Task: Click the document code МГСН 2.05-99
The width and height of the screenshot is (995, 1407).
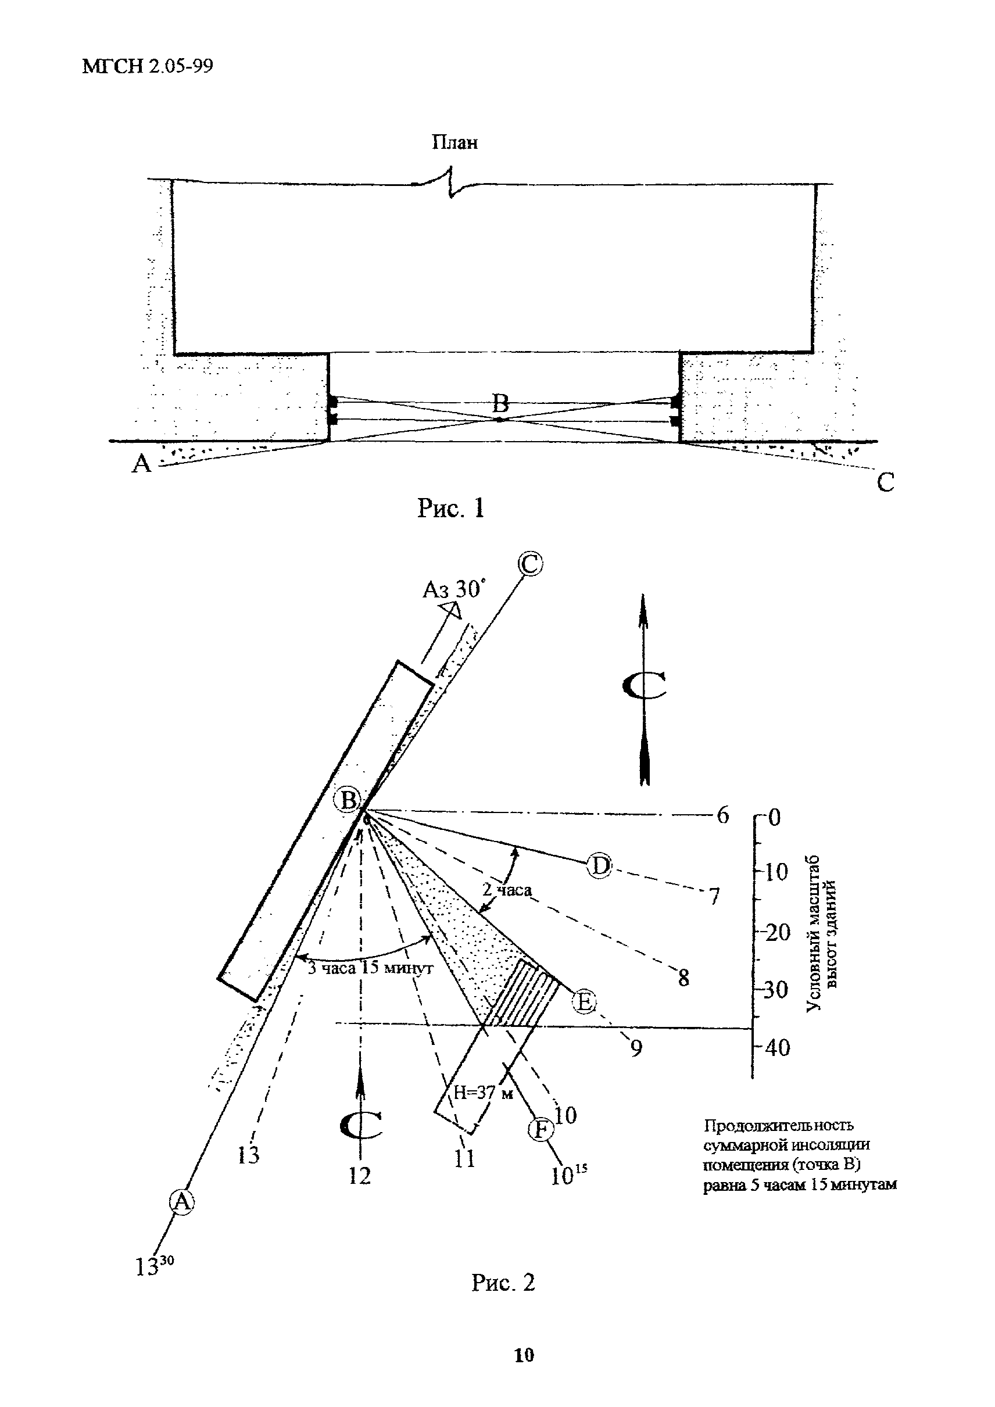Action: pyautogui.click(x=148, y=66)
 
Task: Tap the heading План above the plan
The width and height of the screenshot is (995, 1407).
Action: pyautogui.click(x=454, y=143)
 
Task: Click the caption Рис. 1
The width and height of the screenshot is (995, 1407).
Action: pyautogui.click(x=451, y=508)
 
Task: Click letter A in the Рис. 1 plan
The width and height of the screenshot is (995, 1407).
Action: pyautogui.click(x=142, y=464)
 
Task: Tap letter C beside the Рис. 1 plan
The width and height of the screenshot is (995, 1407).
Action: pyautogui.click(x=885, y=482)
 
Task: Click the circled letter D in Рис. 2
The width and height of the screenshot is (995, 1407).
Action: pyautogui.click(x=599, y=866)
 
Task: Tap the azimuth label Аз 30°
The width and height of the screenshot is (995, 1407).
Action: pyautogui.click(x=453, y=589)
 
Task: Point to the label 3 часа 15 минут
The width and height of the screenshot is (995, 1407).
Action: pyautogui.click(x=370, y=968)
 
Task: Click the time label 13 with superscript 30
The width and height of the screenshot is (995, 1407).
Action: pyautogui.click(x=154, y=1264)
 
